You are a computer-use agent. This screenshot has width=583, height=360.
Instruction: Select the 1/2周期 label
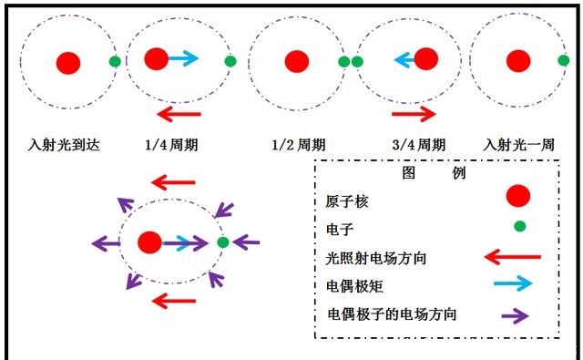point(299,144)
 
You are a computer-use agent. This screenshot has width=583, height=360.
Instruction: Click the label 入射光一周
point(519,144)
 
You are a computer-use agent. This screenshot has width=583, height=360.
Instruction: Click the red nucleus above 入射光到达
point(68,62)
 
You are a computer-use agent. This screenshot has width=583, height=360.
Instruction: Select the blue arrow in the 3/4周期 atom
point(404,61)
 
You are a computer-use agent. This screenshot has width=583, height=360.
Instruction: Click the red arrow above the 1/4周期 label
point(179,113)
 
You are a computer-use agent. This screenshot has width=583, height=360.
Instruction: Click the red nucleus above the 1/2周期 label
point(296,62)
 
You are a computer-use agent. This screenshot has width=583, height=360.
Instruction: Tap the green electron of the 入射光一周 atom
point(568,61)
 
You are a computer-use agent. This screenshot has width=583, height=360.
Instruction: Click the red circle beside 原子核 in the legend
point(517,196)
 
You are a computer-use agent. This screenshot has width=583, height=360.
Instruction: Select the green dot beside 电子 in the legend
point(519,225)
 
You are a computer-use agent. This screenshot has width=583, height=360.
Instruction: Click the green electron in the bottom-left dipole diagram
point(222,242)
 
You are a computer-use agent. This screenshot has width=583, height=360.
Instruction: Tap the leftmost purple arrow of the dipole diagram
point(106,243)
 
